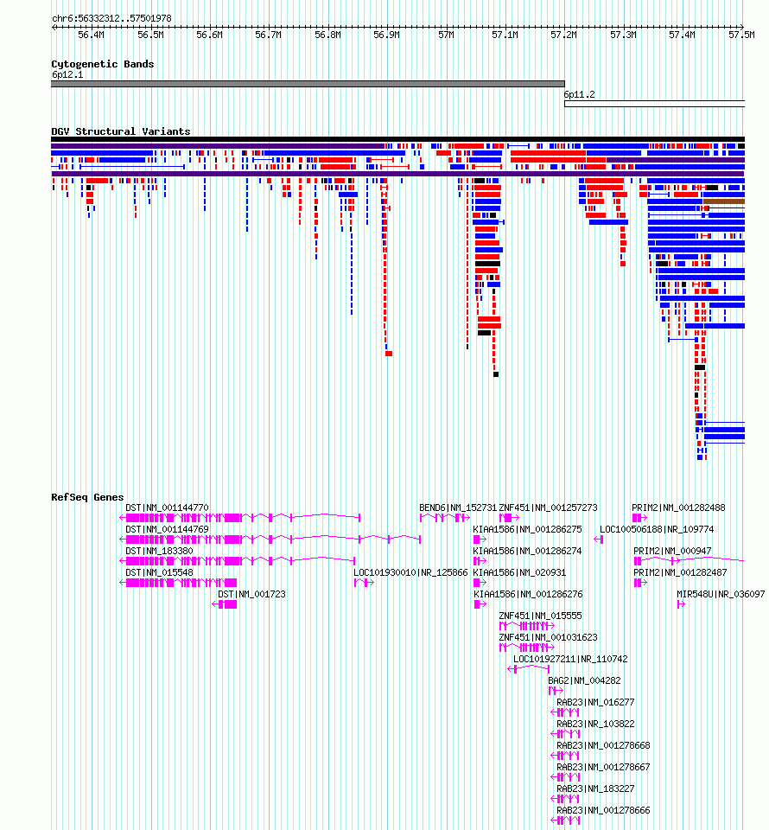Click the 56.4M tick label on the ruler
(x=91, y=35)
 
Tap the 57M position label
(x=447, y=35)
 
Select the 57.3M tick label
(x=623, y=35)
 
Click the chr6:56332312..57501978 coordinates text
(x=111, y=18)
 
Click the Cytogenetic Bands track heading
(x=103, y=64)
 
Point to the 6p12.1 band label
(x=67, y=74)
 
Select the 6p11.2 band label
(x=579, y=95)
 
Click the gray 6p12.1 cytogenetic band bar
(x=308, y=84)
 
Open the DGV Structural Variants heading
(x=121, y=131)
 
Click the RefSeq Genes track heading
(x=87, y=497)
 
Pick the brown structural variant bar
(x=723, y=201)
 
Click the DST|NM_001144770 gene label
(x=167, y=508)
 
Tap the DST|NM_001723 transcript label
(x=251, y=595)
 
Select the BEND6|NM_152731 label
(x=458, y=508)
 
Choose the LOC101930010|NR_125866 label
(x=411, y=572)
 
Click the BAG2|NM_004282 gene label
(x=584, y=680)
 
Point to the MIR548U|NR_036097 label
(x=721, y=595)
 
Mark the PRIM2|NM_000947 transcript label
(x=672, y=551)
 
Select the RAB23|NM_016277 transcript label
(x=595, y=702)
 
